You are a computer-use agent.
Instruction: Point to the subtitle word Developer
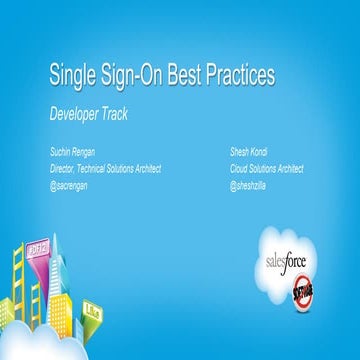click(78, 113)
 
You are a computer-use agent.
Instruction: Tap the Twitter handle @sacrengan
click(72, 185)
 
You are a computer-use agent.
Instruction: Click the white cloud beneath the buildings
click(60, 340)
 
